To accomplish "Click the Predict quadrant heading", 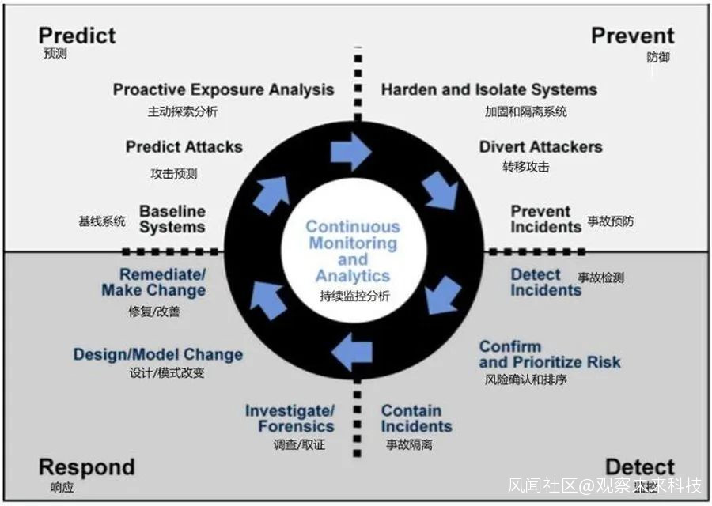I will [77, 36].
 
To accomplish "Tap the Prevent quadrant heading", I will [632, 36].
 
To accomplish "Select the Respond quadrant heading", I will [86, 466].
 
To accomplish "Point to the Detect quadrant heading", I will [639, 466].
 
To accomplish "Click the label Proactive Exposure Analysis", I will [223, 89].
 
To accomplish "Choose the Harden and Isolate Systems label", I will [489, 89].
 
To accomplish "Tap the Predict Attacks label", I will [184, 147].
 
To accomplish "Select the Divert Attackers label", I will [540, 147].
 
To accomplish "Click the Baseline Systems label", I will [172, 219].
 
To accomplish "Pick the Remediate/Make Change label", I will [153, 282].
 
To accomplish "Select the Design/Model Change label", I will [158, 354].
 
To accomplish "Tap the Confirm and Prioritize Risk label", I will [549, 354].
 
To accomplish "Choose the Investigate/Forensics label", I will [290, 418].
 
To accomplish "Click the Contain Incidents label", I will [416, 418].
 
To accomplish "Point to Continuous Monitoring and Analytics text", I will [353, 251].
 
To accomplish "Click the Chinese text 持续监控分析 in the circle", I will [354, 297].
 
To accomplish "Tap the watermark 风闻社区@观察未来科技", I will [605, 484].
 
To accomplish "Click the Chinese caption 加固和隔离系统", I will [525, 111].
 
